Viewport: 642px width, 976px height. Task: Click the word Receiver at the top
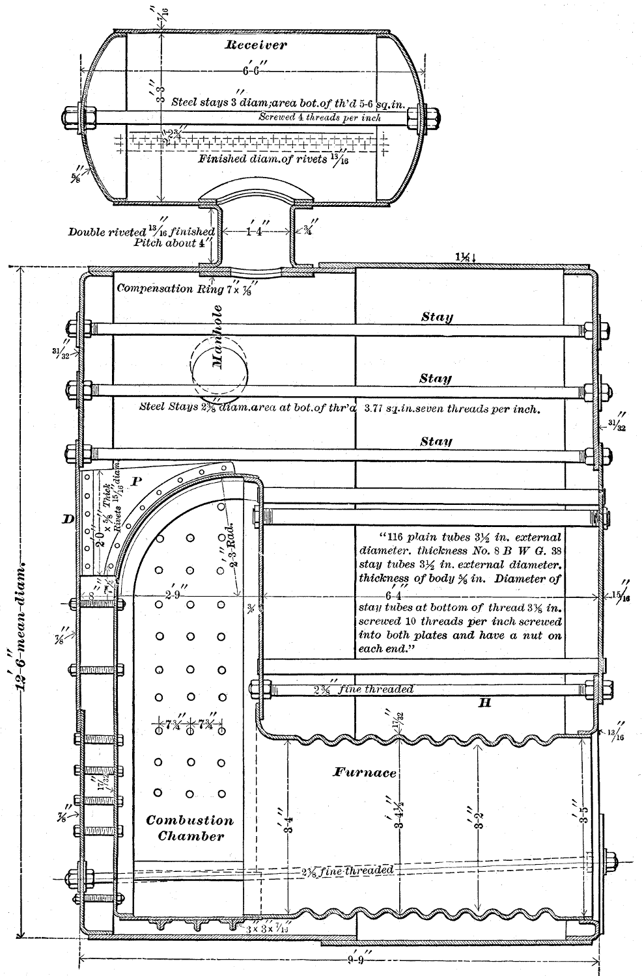click(x=255, y=45)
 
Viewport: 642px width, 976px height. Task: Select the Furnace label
click(x=365, y=772)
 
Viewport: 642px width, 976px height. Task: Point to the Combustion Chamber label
click(x=189, y=828)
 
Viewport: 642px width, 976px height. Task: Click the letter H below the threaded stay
click(x=484, y=703)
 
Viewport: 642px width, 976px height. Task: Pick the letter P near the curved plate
click(x=137, y=482)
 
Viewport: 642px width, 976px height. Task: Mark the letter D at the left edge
click(x=68, y=518)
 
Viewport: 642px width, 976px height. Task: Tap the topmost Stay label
click(x=436, y=318)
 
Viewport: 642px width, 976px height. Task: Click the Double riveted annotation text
click(x=142, y=232)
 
